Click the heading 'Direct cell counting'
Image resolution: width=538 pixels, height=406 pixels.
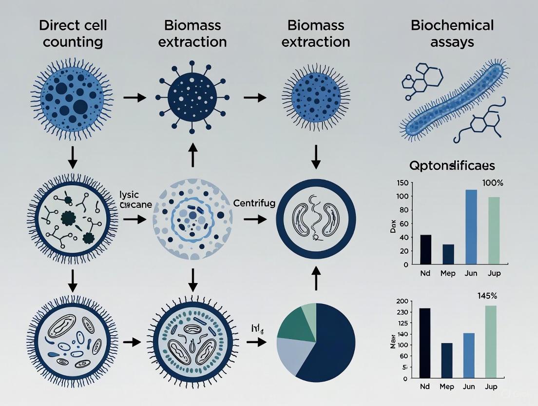click(x=73, y=33)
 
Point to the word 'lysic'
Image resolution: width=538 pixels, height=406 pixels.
click(x=129, y=195)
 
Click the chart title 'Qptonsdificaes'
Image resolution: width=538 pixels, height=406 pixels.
click(x=452, y=166)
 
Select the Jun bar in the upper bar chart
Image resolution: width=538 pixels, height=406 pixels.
click(x=471, y=227)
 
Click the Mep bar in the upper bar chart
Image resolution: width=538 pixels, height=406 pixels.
click(x=448, y=254)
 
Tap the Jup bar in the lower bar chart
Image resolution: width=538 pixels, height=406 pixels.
click(x=494, y=342)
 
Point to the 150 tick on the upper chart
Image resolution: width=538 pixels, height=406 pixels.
click(x=402, y=183)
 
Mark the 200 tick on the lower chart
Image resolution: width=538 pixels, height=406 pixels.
click(x=402, y=301)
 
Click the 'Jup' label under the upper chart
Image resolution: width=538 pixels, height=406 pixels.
click(x=494, y=273)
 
